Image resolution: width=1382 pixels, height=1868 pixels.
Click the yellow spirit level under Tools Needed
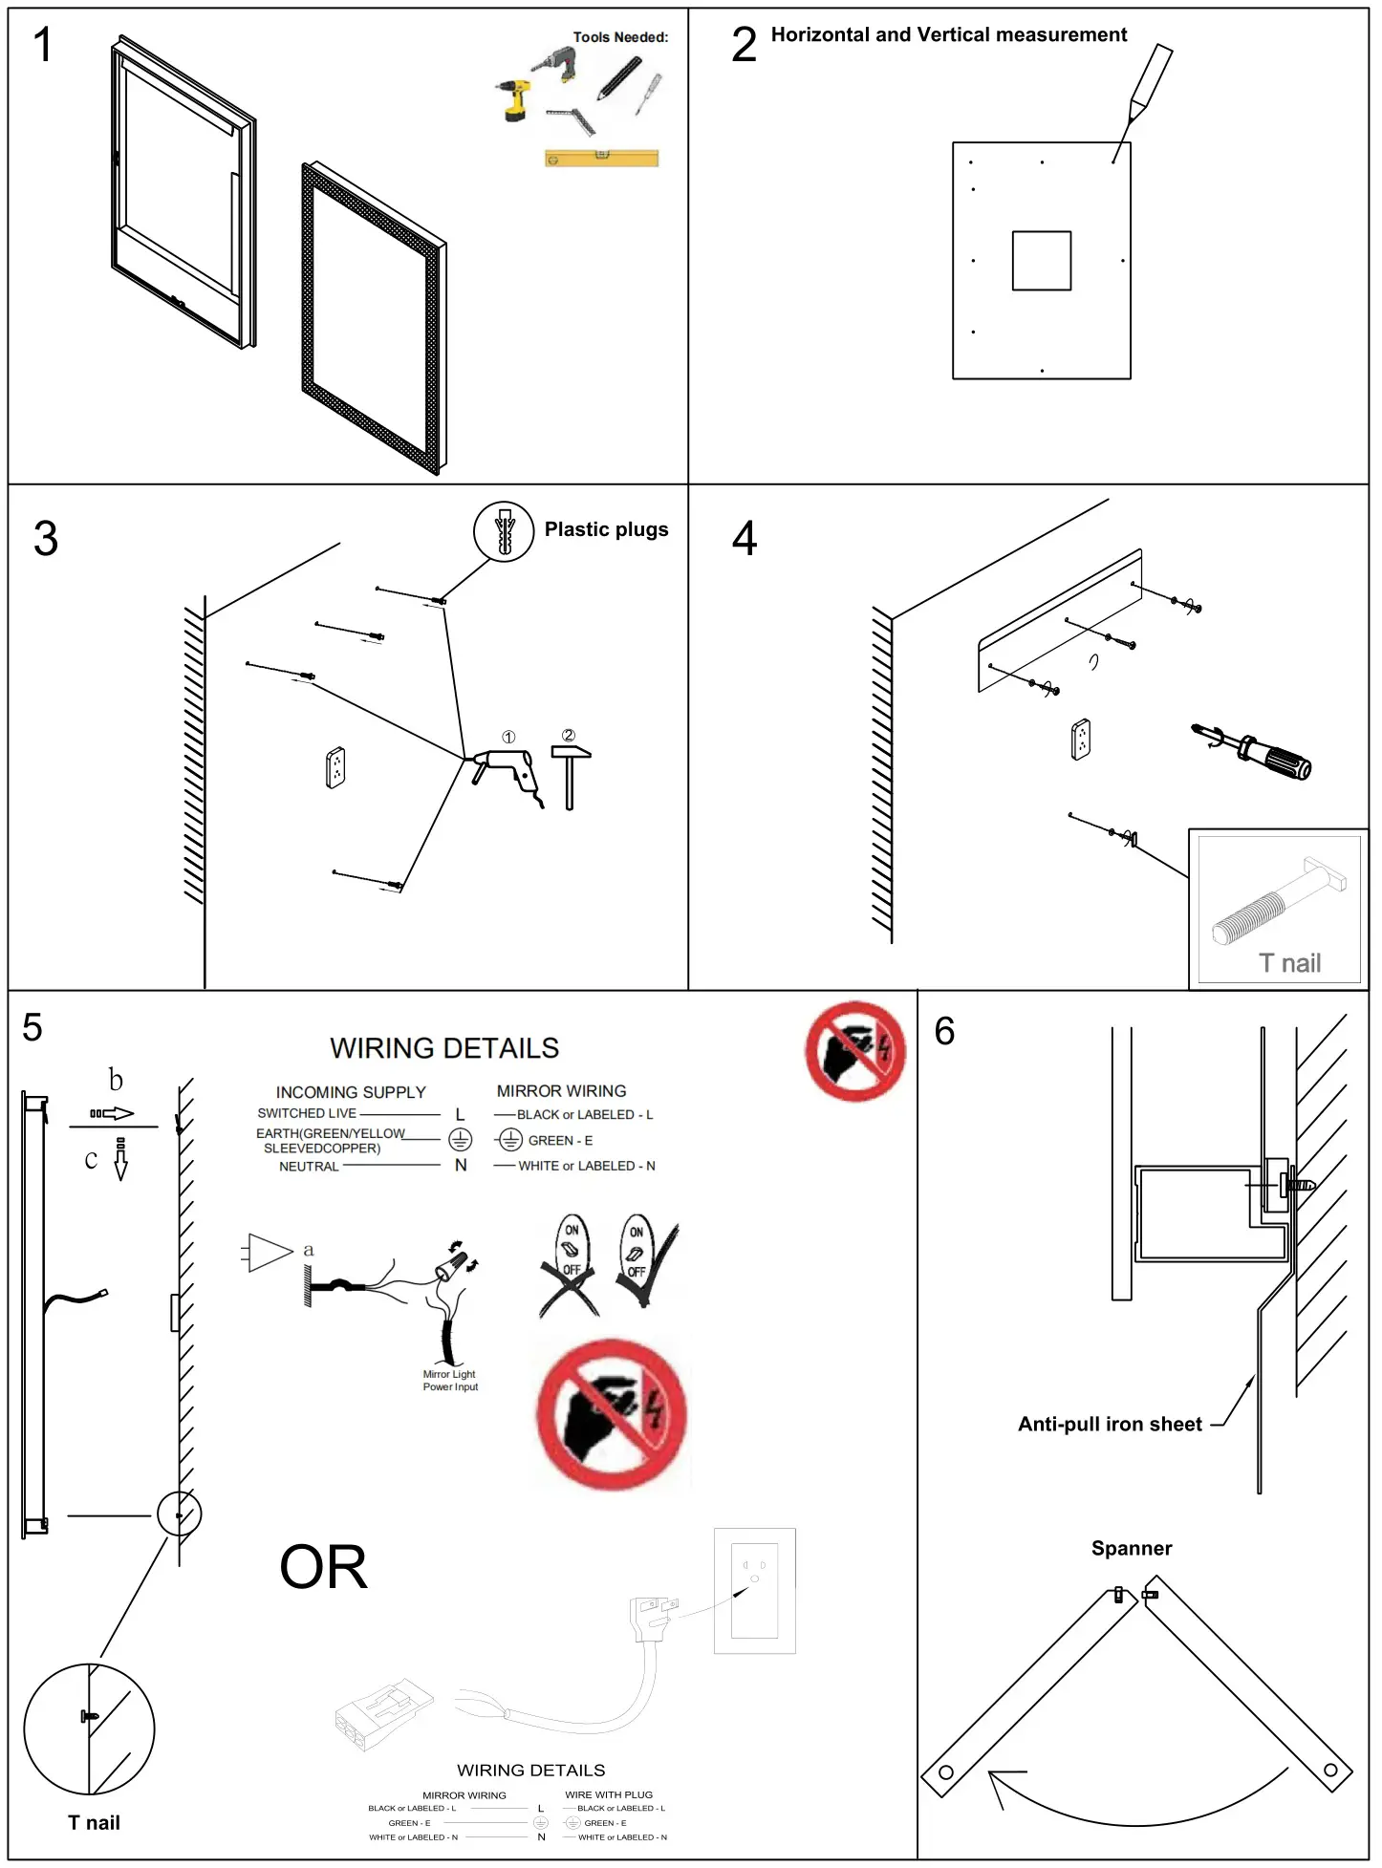tap(601, 159)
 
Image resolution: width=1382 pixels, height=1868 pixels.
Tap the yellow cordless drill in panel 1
tap(515, 99)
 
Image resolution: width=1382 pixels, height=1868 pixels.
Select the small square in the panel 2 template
tap(1041, 260)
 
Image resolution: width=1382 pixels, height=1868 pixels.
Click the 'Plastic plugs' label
tap(606, 529)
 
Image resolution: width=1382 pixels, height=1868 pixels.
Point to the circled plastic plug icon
tap(504, 531)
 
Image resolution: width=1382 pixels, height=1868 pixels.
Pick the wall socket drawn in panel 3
tap(335, 767)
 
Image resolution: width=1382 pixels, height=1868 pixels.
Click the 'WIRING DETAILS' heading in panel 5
tap(444, 1048)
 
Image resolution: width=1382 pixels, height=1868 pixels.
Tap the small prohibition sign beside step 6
tap(854, 1051)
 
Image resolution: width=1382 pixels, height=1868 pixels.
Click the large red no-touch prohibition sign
tap(612, 1415)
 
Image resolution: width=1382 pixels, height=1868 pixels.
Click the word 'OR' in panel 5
tap(323, 1568)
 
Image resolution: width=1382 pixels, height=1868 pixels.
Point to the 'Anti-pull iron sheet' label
tap(1109, 1424)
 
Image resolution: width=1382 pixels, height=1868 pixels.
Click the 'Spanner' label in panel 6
tap(1131, 1548)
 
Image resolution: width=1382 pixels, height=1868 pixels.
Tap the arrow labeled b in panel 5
tap(113, 1113)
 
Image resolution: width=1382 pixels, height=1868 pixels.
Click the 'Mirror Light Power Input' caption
tap(450, 1380)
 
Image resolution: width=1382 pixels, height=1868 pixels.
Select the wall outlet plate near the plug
tap(754, 1590)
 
